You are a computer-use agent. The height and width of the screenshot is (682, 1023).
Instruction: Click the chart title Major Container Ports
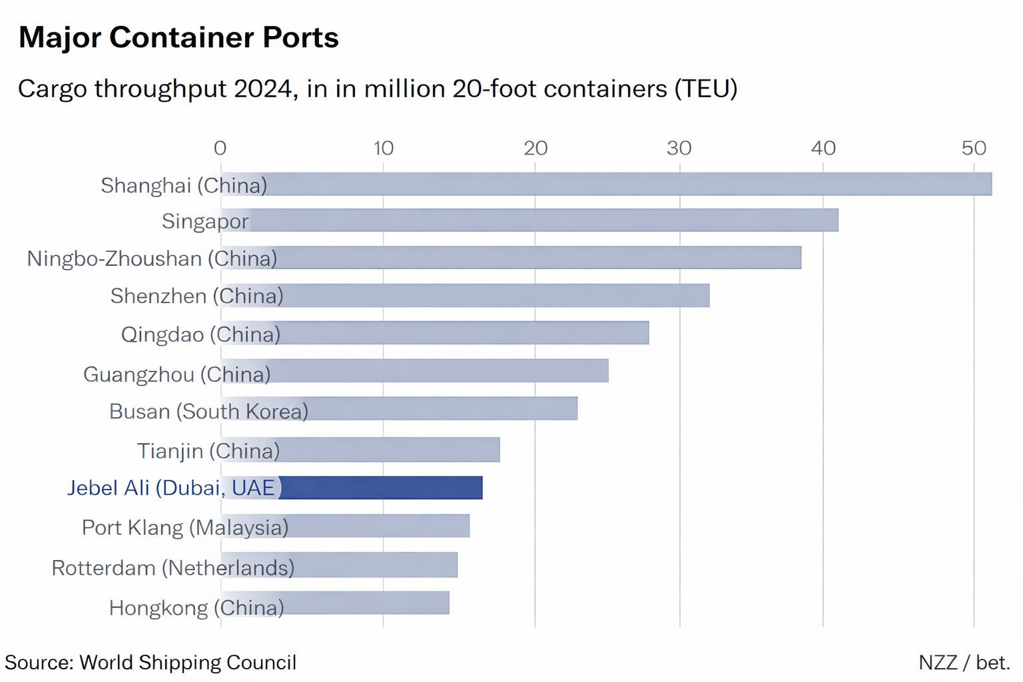pos(178,38)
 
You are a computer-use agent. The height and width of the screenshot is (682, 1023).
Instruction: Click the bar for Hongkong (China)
pos(366,603)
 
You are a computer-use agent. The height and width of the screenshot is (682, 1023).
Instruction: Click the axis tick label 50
pos(973,148)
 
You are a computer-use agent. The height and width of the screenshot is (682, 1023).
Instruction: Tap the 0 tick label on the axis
pos(220,148)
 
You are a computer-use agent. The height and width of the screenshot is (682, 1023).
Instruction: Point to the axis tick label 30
pos(679,148)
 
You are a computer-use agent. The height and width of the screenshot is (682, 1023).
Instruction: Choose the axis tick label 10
pos(383,148)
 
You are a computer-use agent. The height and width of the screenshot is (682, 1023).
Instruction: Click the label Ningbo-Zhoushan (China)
pos(152,258)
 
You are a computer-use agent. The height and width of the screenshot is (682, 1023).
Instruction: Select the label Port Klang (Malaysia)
pos(185,527)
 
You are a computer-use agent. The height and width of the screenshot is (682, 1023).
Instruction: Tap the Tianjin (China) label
pos(208,451)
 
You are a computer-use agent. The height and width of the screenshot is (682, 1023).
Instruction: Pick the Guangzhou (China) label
pos(176,374)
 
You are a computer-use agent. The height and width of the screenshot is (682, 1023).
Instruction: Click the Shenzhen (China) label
pos(196,296)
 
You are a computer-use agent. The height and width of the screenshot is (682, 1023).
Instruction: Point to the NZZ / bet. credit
pos(964,663)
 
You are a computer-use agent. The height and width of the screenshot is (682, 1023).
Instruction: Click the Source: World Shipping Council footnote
pos(151,663)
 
